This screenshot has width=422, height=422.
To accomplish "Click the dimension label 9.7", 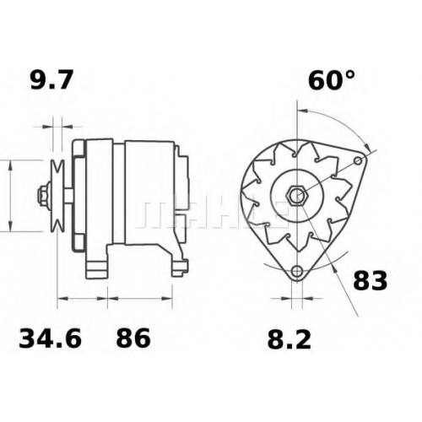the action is pyautogui.click(x=51, y=80).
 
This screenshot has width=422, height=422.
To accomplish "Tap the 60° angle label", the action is pyautogui.click(x=332, y=80).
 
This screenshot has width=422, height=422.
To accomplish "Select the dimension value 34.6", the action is pyautogui.click(x=50, y=338).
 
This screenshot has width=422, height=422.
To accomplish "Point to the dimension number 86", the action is pyautogui.click(x=133, y=338).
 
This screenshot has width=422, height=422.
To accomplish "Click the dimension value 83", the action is pyautogui.click(x=371, y=280).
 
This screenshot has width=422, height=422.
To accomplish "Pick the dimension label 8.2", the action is pyautogui.click(x=289, y=339).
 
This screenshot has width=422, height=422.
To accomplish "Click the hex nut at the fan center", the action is pyautogui.click(x=297, y=194).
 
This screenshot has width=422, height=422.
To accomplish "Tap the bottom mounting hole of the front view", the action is pyautogui.click(x=296, y=272).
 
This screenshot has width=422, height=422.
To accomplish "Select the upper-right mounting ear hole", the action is pyautogui.click(x=358, y=161).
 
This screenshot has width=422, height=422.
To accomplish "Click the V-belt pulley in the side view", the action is pyautogui.click(x=57, y=196).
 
